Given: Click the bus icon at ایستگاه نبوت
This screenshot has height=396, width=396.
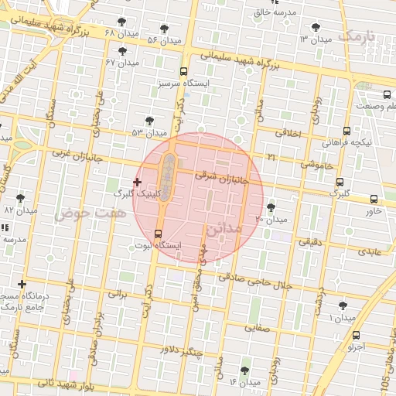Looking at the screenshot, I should (159, 234).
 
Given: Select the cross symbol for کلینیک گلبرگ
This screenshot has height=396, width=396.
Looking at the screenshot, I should (137, 183).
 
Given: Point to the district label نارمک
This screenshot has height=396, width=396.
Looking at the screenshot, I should (359, 36).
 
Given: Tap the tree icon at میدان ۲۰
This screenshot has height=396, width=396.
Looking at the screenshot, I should (271, 207).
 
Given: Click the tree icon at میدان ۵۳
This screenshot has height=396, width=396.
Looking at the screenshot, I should (149, 121).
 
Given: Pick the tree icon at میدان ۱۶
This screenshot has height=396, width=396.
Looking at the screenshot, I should (246, 370).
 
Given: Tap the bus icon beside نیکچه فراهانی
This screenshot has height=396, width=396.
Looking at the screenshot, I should (346, 131).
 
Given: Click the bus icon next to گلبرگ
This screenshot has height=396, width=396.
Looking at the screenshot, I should (339, 183).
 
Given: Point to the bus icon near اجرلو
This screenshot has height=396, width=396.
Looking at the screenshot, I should (356, 336).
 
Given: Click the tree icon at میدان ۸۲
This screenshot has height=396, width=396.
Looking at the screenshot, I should (20, 198).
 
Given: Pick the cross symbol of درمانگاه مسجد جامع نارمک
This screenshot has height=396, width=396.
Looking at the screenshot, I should (22, 285).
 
